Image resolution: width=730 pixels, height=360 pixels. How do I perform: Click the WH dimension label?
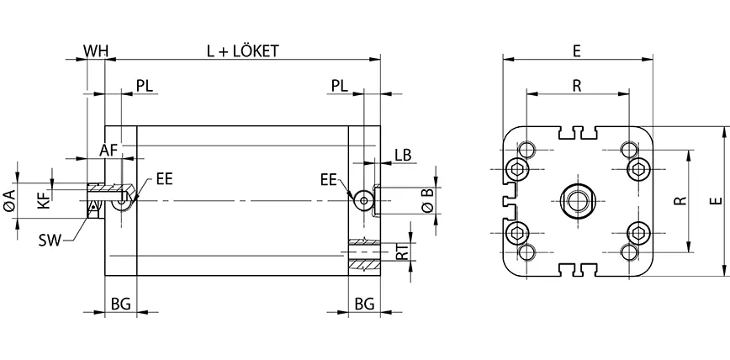click(x=96, y=50)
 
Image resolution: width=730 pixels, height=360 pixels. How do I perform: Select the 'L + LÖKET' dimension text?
click(x=243, y=50)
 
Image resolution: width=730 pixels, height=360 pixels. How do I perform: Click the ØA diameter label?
click(x=9, y=200)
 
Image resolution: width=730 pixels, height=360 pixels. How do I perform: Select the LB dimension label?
click(x=402, y=154)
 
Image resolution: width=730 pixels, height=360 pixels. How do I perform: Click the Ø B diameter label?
click(x=427, y=199)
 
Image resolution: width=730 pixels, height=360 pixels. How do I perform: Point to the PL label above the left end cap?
click(x=145, y=86)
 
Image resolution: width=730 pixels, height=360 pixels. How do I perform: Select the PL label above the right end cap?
click(x=341, y=86)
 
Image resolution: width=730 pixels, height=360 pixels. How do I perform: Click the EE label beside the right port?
click(x=329, y=179)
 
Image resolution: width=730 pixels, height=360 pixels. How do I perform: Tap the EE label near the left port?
click(x=164, y=179)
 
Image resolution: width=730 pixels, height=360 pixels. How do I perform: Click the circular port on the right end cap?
click(x=364, y=200)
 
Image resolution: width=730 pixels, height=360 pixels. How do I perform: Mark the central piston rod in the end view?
click(x=577, y=201)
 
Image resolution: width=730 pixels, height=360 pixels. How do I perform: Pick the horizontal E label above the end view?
click(x=577, y=50)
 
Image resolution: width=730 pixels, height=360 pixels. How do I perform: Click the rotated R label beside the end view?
click(x=681, y=201)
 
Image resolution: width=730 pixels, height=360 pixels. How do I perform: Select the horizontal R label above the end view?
click(x=577, y=85)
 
